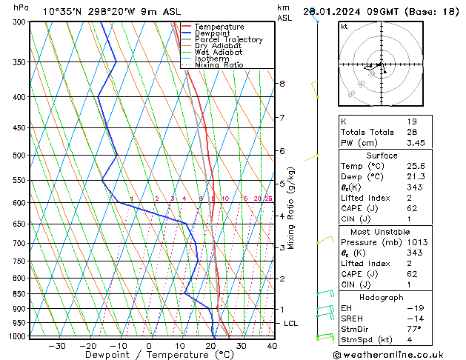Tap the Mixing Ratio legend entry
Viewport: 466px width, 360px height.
(x=219, y=65)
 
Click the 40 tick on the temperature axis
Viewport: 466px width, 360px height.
(x=272, y=346)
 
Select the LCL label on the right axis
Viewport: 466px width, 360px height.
(x=291, y=324)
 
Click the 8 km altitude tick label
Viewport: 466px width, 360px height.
(x=282, y=84)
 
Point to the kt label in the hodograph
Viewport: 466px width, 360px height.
(x=344, y=27)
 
